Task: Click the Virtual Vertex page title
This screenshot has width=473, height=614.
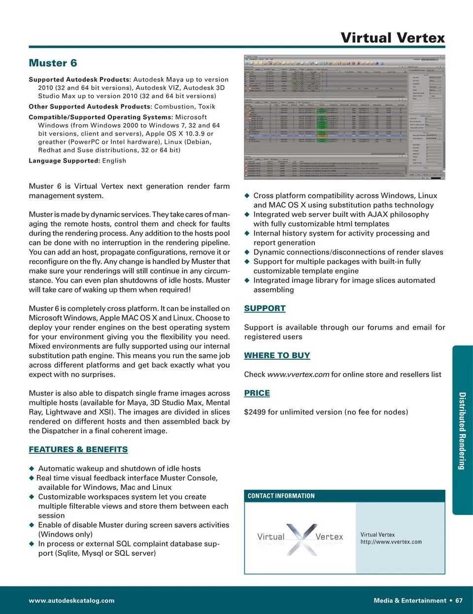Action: [392, 38]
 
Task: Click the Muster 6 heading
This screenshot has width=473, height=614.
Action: [53, 63]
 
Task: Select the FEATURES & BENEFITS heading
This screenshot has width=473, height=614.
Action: [78, 449]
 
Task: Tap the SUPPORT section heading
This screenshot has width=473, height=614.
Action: [265, 308]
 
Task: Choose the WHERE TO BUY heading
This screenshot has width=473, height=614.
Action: [277, 355]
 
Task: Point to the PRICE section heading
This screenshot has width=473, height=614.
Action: [257, 393]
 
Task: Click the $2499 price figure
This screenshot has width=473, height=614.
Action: [255, 412]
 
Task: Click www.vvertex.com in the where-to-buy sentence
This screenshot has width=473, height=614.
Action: [298, 375]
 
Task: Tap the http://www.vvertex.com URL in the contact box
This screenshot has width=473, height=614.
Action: [391, 542]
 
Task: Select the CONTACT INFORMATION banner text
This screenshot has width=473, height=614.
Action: [281, 496]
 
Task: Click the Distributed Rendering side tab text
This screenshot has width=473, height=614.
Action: [462, 431]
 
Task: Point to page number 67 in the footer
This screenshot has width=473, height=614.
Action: [459, 601]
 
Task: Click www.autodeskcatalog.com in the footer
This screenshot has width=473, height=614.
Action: [71, 601]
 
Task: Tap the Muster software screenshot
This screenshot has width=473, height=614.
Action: [344, 117]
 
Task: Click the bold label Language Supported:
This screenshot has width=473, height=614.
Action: [64, 161]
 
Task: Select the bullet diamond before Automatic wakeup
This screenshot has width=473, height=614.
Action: [32, 469]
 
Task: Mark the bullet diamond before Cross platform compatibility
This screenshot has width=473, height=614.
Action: [247, 196]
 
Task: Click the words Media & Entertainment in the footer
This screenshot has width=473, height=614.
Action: [410, 601]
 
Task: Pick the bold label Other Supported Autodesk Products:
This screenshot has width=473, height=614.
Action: [90, 106]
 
